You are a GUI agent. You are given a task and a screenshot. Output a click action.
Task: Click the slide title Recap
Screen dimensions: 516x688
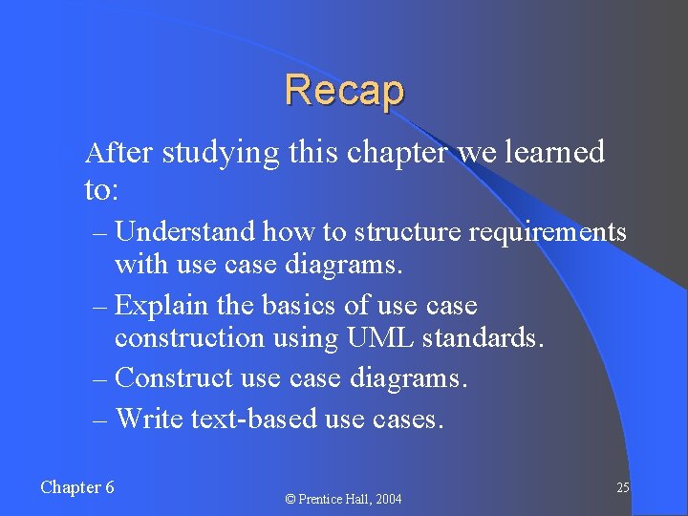pyautogui.click(x=344, y=91)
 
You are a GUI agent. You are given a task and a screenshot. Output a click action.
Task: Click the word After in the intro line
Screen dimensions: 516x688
pyautogui.click(x=118, y=152)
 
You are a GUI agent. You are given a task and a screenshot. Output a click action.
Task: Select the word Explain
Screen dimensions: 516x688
pyautogui.click(x=160, y=307)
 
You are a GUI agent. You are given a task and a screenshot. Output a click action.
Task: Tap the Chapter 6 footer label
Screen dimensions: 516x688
pyautogui.click(x=77, y=487)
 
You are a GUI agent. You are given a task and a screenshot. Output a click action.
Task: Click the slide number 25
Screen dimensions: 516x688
pyautogui.click(x=622, y=488)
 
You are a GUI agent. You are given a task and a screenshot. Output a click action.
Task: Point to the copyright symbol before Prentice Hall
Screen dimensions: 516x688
pyautogui.click(x=291, y=499)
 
